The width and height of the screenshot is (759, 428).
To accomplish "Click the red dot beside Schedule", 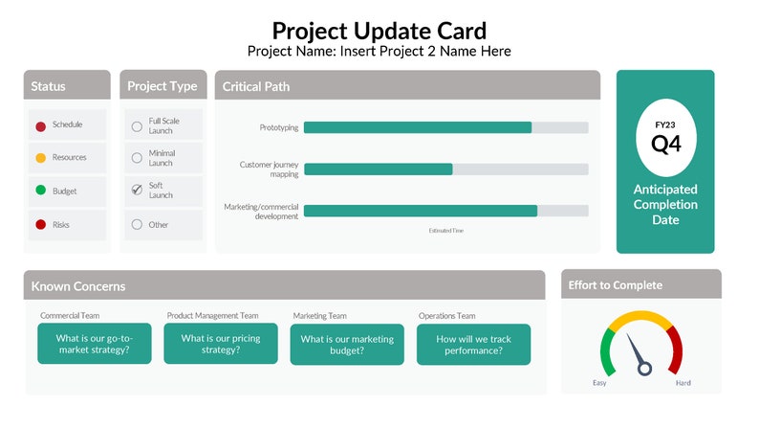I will (x=40, y=126).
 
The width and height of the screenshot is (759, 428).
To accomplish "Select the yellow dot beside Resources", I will (x=40, y=158).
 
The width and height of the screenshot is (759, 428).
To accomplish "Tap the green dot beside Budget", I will (x=40, y=191).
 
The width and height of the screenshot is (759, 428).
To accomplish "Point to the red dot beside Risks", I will (x=40, y=224).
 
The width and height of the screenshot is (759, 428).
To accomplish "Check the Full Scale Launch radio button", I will (x=137, y=126).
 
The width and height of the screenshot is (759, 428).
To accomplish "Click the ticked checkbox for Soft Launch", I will (x=137, y=190).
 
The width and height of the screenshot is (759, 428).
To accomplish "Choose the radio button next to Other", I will (x=137, y=224).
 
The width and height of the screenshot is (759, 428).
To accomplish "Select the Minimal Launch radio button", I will (x=137, y=158).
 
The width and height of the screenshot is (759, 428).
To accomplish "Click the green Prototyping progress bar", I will (x=417, y=127).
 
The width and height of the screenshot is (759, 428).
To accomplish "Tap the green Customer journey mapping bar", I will (x=378, y=169).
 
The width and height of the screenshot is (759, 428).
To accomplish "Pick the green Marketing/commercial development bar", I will (x=420, y=211).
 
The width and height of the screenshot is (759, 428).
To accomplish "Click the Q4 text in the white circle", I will (x=665, y=144).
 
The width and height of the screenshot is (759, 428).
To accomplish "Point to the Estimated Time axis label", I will (x=446, y=231).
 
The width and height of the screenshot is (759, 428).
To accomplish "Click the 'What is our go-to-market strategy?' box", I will (x=95, y=344).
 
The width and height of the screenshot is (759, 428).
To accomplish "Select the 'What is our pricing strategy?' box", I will (x=221, y=344).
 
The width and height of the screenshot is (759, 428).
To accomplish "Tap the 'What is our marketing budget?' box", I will (x=347, y=345).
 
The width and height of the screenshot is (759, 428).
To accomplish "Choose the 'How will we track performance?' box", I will (x=473, y=345).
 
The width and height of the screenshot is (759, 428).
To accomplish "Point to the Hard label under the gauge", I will (x=683, y=383).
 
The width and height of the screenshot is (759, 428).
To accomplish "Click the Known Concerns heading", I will (x=78, y=286).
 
